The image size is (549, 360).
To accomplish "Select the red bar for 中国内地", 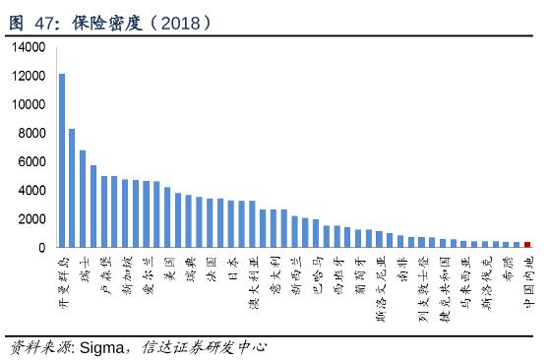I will (x=527, y=244).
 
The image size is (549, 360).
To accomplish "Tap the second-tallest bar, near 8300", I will (x=72, y=188).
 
